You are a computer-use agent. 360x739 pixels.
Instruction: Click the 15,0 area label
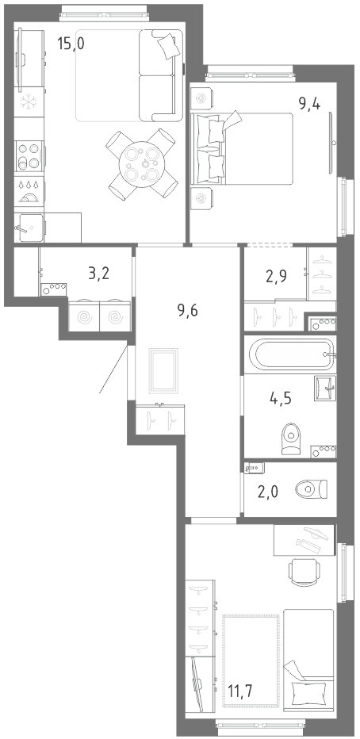[x=71, y=44]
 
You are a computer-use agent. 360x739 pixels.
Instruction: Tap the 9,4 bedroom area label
[x=309, y=104]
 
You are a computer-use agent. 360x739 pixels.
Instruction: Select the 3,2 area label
[x=99, y=273]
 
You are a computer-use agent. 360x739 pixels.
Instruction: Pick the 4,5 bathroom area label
[x=281, y=398]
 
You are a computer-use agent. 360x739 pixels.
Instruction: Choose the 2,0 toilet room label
[x=268, y=492]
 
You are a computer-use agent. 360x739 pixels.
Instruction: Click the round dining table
[x=143, y=164]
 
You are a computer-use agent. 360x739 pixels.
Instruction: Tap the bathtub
[x=291, y=354]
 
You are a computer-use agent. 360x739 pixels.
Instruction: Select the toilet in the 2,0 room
[x=311, y=488]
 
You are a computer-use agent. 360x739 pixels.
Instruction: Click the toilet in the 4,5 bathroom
[x=290, y=438]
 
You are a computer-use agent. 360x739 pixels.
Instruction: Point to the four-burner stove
[x=29, y=156]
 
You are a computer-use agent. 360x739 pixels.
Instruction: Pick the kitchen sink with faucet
[x=29, y=228]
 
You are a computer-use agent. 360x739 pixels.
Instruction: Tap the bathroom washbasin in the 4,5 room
[x=325, y=388]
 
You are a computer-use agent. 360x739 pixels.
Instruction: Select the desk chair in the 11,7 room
[x=304, y=572]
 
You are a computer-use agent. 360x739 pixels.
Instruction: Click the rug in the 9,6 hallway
[x=163, y=371]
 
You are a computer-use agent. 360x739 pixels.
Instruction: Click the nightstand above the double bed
[x=201, y=98]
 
